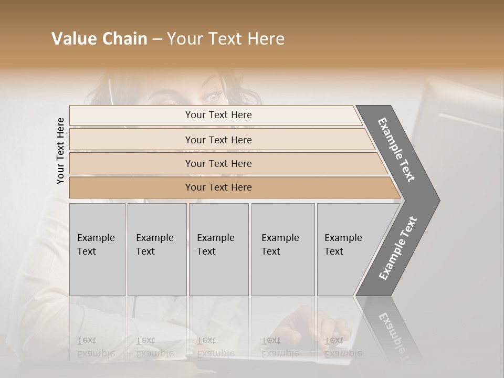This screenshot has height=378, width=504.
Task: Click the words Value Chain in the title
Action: pyautogui.click(x=99, y=39)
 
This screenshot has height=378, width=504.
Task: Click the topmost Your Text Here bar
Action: pyautogui.click(x=218, y=115)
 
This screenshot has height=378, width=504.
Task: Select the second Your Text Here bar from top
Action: pyautogui.click(x=218, y=140)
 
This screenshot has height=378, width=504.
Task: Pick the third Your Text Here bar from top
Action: pyautogui.click(x=218, y=163)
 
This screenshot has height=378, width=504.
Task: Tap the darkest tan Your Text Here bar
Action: pyautogui.click(x=218, y=187)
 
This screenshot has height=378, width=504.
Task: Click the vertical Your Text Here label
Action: pyautogui.click(x=60, y=151)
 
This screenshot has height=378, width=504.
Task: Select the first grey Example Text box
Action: pyautogui.click(x=97, y=249)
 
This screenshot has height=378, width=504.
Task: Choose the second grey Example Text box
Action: pyautogui.click(x=157, y=249)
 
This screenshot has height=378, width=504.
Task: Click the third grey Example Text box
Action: pyautogui.click(x=218, y=249)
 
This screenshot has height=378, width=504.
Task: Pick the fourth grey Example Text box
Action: pyautogui.click(x=283, y=249)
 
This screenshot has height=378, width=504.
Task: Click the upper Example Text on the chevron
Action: pyautogui.click(x=397, y=150)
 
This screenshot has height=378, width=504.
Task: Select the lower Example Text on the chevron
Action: pyautogui.click(x=398, y=248)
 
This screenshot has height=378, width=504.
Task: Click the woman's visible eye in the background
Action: pyautogui.click(x=214, y=97)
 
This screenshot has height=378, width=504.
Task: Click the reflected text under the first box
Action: pyautogui.click(x=96, y=348)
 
